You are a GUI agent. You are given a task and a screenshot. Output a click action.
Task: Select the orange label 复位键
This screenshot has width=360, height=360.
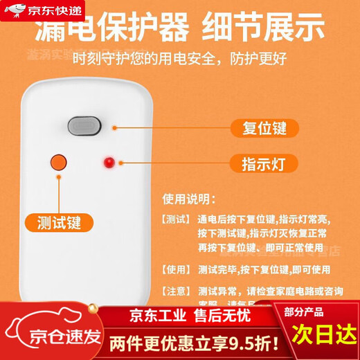(x=255, y=128)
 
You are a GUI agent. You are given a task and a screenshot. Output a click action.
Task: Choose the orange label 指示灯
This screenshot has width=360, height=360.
(x=255, y=163)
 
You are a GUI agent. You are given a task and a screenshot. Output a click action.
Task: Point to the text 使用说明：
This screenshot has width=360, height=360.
(x=189, y=198)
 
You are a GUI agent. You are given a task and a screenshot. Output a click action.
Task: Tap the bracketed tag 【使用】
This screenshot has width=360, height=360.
(x=177, y=269)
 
